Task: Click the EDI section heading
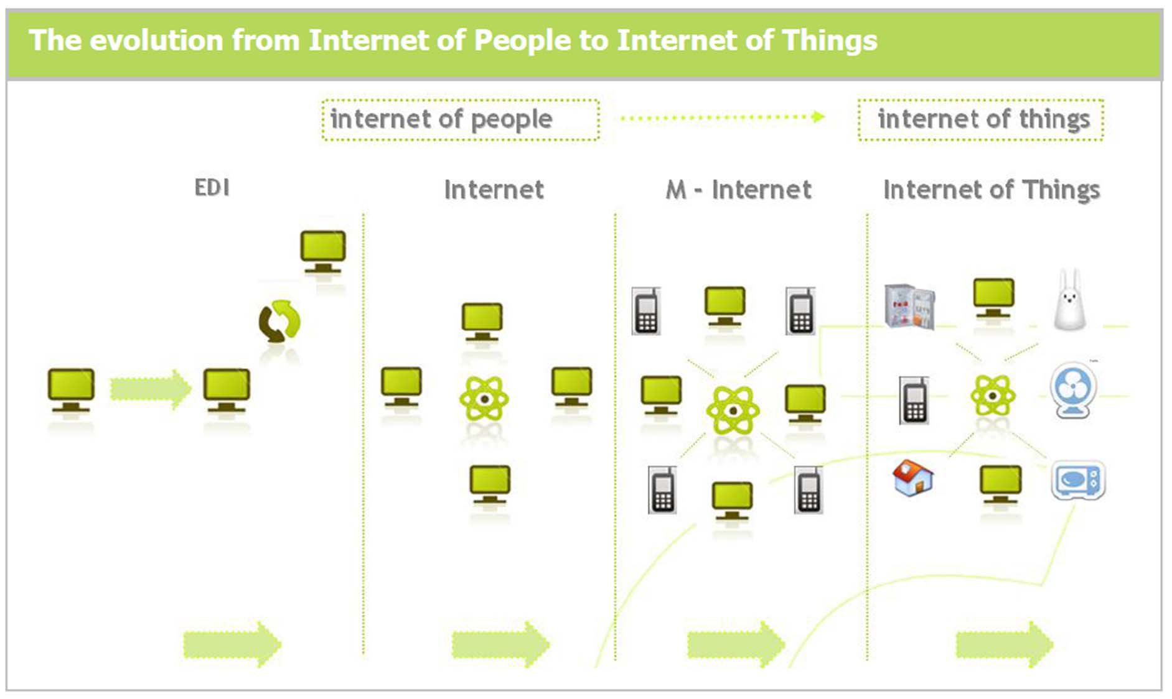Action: tap(212, 187)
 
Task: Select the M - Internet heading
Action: tap(738, 190)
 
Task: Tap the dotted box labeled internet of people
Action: tap(460, 119)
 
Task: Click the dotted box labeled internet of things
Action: tap(981, 119)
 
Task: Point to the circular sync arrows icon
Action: tap(279, 322)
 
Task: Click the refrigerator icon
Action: tap(909, 307)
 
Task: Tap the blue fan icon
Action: tap(1073, 391)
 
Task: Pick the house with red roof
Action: tap(912, 478)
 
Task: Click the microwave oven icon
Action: tap(1078, 480)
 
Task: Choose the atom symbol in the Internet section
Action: tap(484, 399)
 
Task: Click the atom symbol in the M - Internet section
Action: tap(733, 410)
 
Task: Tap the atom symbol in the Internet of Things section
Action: tap(993, 395)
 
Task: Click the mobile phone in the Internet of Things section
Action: tap(914, 400)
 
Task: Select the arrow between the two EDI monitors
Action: tap(150, 389)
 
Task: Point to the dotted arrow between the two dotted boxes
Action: tap(723, 117)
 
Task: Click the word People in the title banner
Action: tap(521, 41)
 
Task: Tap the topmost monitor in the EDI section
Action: tap(322, 251)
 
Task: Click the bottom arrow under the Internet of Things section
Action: tap(1004, 644)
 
